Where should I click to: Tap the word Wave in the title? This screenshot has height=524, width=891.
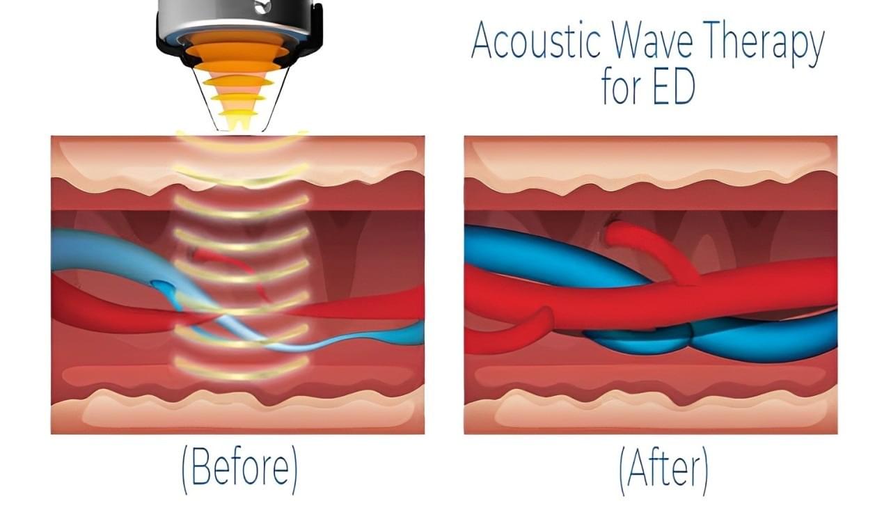(651, 42)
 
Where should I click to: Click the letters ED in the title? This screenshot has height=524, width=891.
(674, 90)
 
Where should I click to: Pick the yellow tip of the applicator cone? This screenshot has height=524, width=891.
(238, 121)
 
